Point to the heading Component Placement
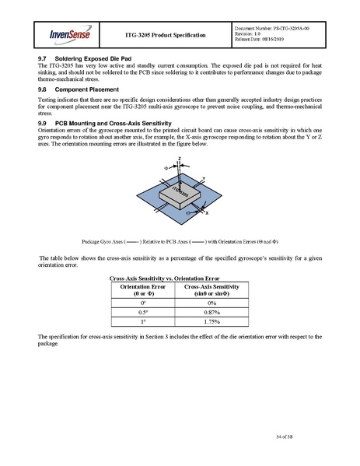pyautogui.click(x=87, y=89)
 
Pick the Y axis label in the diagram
pyautogui.click(x=203, y=178)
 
